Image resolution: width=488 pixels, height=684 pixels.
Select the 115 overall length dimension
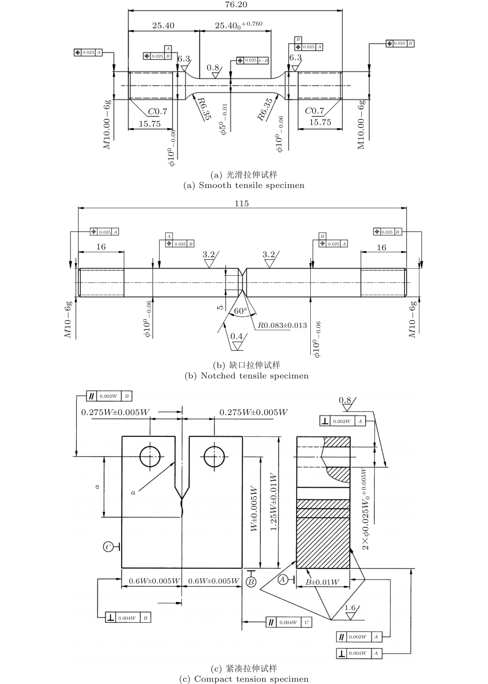(242, 204)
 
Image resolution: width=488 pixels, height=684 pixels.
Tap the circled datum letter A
(282, 579)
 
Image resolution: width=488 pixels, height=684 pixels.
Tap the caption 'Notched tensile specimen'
(255, 376)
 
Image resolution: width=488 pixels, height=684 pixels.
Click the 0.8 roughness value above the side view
(345, 400)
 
